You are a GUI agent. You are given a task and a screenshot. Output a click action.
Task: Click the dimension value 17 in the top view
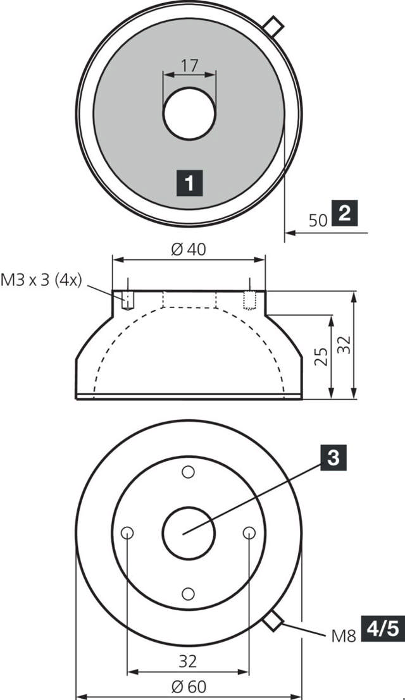189,65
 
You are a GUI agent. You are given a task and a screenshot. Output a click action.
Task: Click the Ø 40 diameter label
189,249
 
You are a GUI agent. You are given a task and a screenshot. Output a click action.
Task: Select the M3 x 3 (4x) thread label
42,279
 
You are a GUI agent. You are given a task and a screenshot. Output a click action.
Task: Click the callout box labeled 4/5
381,629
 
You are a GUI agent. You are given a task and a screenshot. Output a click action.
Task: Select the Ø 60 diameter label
189,685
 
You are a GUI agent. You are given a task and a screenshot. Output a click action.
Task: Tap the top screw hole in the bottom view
188,472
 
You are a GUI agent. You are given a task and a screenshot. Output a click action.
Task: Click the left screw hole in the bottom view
128,532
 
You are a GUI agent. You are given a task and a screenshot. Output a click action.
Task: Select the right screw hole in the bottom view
249,532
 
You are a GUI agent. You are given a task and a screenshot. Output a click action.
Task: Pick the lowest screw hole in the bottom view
188,593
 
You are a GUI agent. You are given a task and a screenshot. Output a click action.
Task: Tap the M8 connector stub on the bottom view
273,620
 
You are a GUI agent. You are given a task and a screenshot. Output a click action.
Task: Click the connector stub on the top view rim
273,26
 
